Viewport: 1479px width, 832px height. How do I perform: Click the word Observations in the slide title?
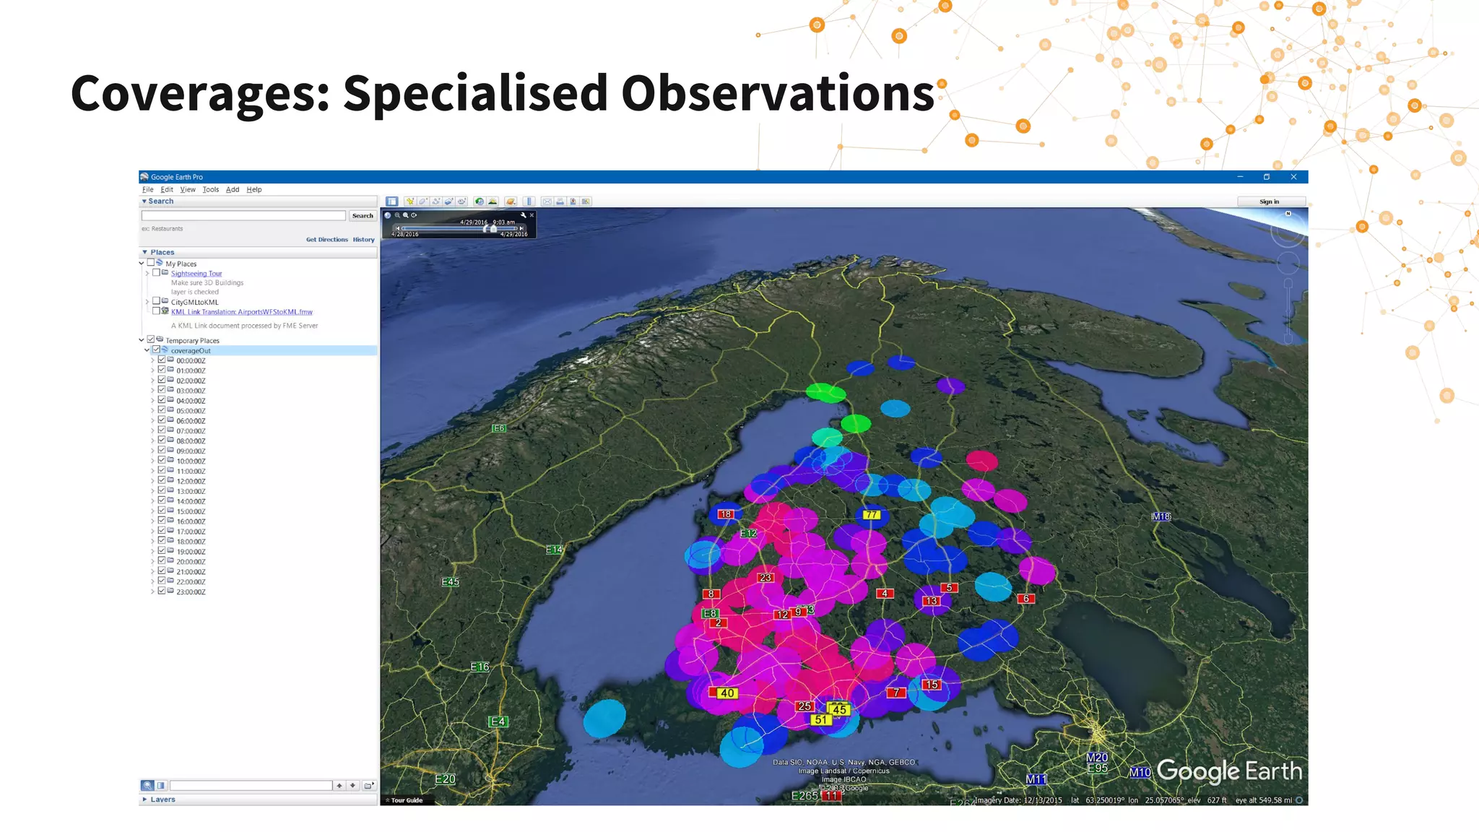click(777, 94)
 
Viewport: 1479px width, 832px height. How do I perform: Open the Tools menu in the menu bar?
click(210, 190)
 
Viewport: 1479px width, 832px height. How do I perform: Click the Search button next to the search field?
click(363, 216)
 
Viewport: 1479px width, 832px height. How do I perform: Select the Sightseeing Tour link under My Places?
click(196, 274)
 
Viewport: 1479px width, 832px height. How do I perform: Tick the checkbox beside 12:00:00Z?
click(162, 481)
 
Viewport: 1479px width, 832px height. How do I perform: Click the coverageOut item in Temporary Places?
click(191, 351)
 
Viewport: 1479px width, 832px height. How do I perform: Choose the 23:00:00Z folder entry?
click(191, 592)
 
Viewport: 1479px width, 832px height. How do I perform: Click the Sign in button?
click(1270, 201)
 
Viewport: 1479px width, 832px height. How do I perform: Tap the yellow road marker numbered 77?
click(872, 515)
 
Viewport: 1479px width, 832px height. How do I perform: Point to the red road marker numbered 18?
click(725, 514)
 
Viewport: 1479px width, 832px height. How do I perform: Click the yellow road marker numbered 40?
click(727, 693)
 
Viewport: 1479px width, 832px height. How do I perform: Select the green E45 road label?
click(450, 582)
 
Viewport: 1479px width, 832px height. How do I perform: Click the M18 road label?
click(1161, 516)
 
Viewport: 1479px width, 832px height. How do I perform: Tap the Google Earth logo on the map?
click(1229, 772)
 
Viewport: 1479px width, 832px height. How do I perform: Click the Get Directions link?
click(326, 240)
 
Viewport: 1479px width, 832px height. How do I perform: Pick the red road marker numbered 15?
click(932, 685)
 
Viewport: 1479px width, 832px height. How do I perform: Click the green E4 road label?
click(498, 721)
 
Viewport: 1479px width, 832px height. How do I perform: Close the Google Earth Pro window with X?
click(1293, 177)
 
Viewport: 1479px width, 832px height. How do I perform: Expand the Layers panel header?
click(162, 799)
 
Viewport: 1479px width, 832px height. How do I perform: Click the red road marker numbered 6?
click(1026, 599)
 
